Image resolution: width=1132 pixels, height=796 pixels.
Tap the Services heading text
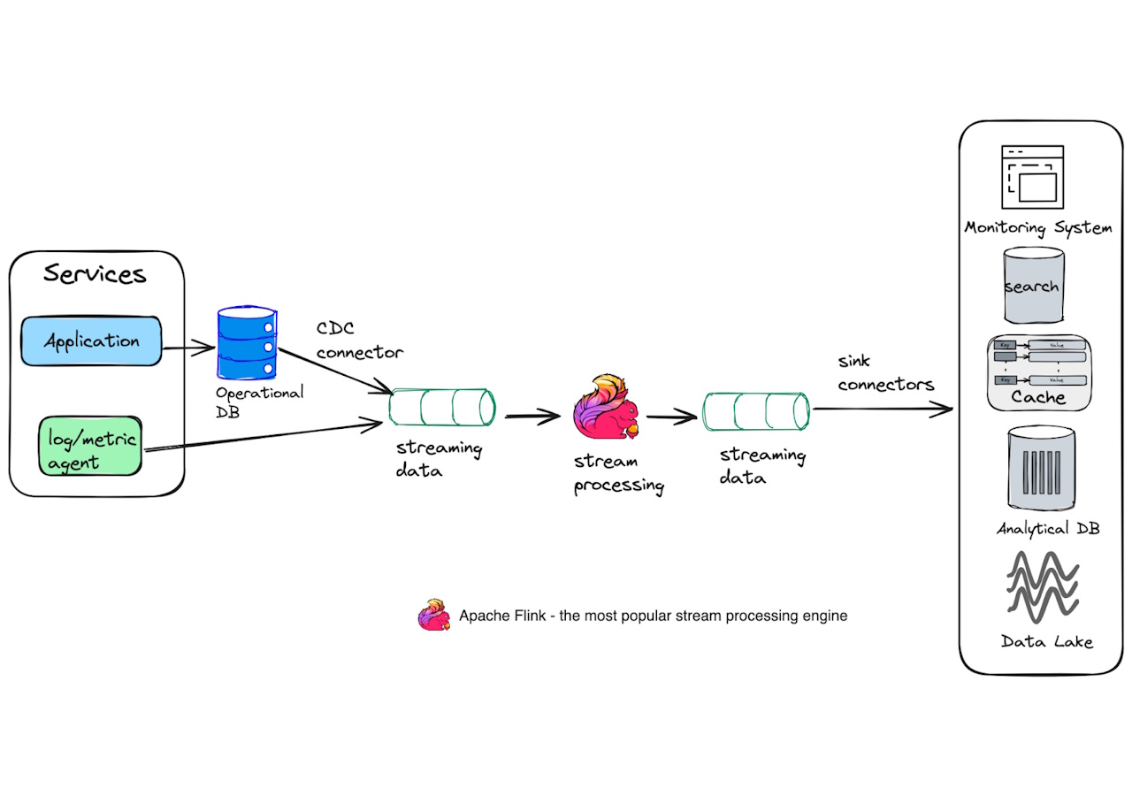tap(95, 273)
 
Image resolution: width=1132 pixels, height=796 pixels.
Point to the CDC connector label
tap(359, 341)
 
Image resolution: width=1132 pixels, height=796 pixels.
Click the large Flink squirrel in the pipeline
tap(605, 408)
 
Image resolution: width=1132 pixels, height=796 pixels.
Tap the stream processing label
tap(618, 473)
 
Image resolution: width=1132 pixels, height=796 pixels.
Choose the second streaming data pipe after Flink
tap(756, 411)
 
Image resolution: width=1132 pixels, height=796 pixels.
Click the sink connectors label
tap(885, 374)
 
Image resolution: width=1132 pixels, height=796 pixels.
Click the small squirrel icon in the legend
tap(434, 616)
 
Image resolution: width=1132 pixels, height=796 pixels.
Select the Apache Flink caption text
tap(653, 616)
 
